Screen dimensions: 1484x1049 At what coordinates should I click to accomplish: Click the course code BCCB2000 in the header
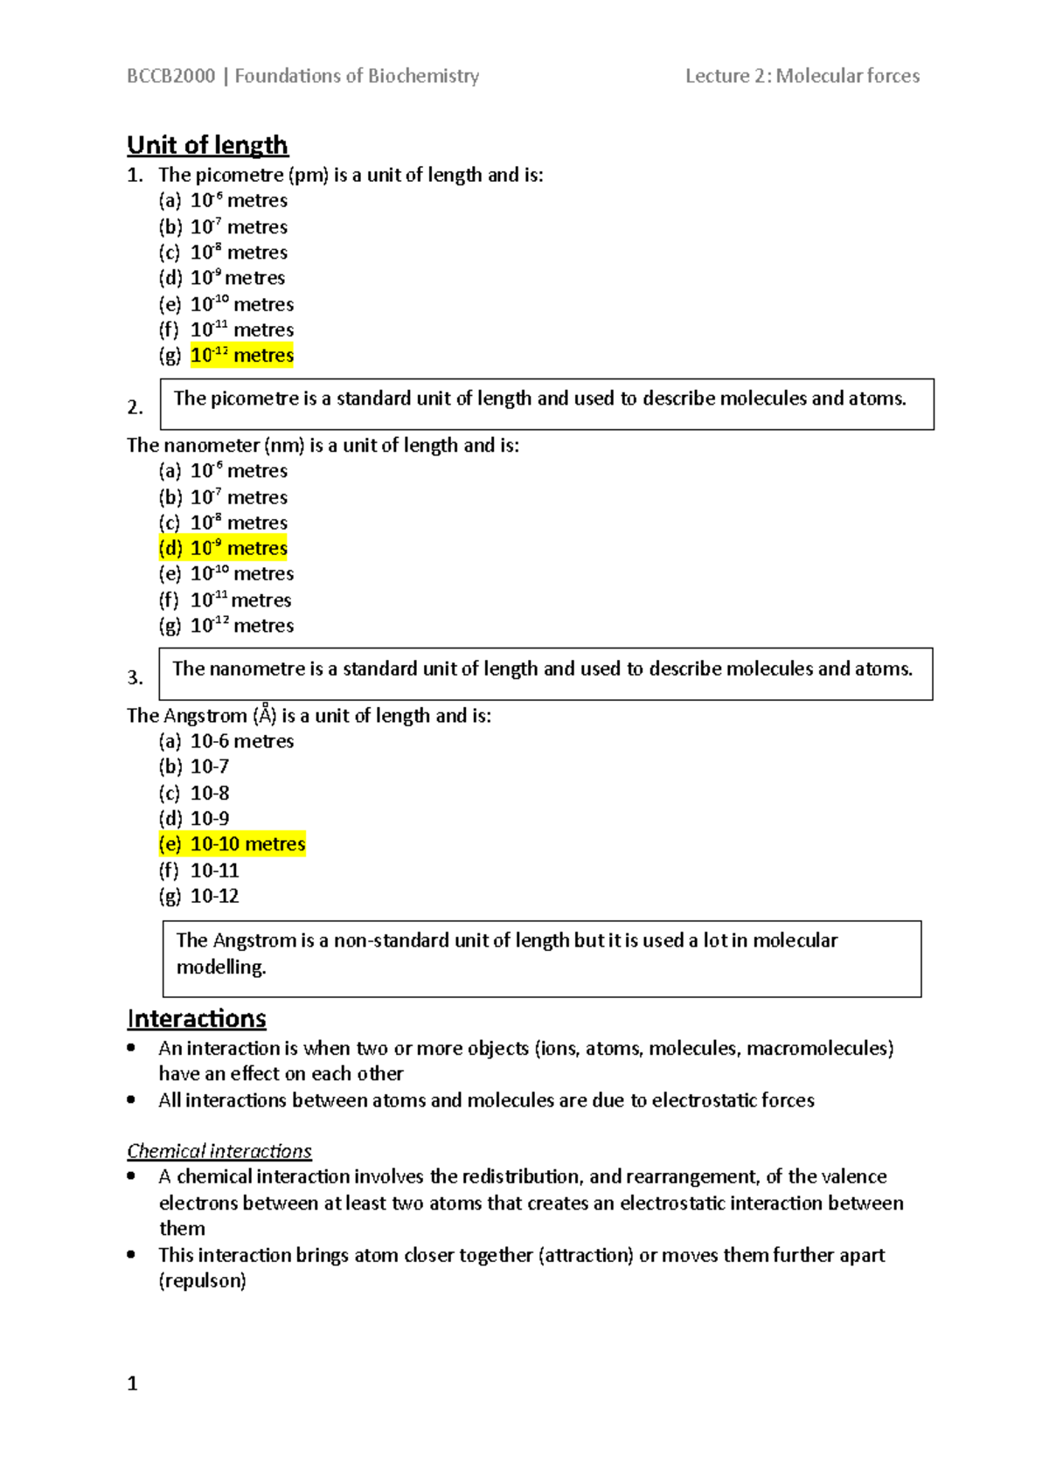171,76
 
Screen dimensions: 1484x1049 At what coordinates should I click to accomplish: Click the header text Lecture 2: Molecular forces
802,76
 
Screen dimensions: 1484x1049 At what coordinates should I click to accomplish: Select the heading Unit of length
207,145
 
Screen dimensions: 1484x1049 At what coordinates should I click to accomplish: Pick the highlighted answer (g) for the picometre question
242,356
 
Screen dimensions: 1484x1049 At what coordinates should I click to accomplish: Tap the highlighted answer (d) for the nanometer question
223,548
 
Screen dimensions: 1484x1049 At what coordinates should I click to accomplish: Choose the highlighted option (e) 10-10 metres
232,844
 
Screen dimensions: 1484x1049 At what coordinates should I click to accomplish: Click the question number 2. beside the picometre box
135,407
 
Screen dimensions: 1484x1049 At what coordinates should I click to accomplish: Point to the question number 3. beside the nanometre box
135,677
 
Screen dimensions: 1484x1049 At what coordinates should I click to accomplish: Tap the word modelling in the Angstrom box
220,967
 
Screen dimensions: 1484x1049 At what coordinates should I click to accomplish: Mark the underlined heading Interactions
197,1019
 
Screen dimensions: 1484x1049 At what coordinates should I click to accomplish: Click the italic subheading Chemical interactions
219,1151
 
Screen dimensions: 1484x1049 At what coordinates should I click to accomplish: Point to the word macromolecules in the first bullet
820,1048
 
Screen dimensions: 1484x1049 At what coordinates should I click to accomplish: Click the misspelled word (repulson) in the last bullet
202,1281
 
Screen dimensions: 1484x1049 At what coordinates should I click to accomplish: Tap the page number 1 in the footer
132,1383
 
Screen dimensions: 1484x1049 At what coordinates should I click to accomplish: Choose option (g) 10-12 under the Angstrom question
199,896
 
